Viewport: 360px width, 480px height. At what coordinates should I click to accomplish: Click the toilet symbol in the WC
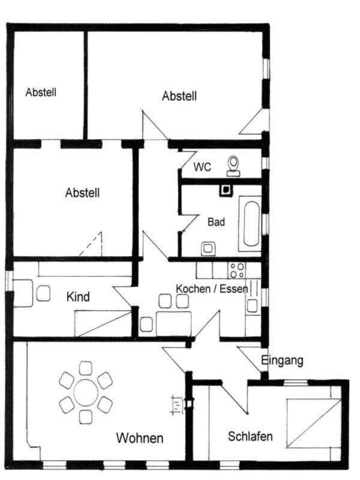click(x=233, y=166)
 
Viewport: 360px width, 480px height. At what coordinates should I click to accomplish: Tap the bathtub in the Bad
click(x=250, y=223)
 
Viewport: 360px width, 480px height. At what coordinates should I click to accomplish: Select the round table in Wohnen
click(x=86, y=392)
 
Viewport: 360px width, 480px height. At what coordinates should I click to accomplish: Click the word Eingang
click(x=282, y=361)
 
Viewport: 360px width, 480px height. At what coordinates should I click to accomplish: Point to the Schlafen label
click(x=250, y=436)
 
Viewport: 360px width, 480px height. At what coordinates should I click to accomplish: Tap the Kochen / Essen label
click(x=212, y=289)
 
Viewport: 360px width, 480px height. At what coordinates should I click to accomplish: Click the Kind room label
click(x=78, y=296)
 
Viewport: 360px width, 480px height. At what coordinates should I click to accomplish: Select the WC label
click(x=202, y=167)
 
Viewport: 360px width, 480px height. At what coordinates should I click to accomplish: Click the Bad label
click(x=216, y=221)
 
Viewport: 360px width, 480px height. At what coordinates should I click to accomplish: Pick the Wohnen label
click(x=140, y=438)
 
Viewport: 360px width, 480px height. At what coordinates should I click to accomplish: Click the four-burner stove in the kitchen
click(x=236, y=271)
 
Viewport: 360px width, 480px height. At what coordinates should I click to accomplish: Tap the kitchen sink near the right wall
click(x=253, y=305)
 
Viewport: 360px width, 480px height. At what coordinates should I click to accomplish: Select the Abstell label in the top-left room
click(x=41, y=92)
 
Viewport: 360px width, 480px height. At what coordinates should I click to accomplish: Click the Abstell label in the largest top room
click(x=179, y=96)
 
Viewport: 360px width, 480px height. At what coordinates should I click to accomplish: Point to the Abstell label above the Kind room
click(x=82, y=193)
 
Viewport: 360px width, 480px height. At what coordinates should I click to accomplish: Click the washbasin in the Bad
click(x=208, y=249)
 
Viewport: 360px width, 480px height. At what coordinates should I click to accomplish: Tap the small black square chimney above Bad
click(x=226, y=190)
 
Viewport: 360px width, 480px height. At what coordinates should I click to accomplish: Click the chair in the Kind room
click(x=43, y=293)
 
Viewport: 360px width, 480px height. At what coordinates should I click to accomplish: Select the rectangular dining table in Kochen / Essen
click(x=174, y=324)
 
